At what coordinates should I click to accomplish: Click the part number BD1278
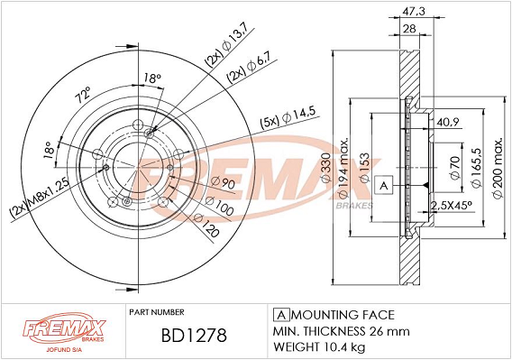[x=194, y=335]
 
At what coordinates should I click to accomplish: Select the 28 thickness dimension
[x=409, y=29]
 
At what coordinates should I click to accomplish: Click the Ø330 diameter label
[x=326, y=167]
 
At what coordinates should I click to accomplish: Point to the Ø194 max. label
[x=343, y=167]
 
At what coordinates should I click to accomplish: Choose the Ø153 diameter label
[x=364, y=167]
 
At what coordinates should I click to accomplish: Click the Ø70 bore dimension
[x=455, y=168]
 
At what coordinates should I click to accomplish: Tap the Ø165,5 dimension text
[x=477, y=168]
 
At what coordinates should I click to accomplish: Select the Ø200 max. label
[x=498, y=168]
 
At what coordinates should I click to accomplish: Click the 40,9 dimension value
[x=448, y=123]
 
